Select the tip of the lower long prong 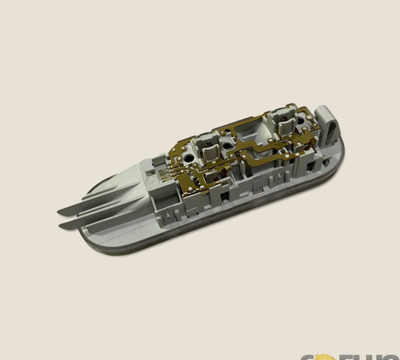pyautogui.click(x=62, y=227)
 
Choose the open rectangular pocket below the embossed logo pyautogui.click(x=161, y=199)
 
